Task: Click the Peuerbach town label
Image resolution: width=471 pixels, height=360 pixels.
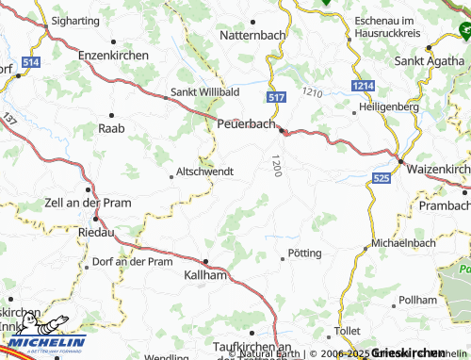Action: (246, 123)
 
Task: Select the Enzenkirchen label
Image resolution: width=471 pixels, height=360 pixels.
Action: (114, 57)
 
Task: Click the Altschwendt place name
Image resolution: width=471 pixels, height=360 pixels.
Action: (203, 173)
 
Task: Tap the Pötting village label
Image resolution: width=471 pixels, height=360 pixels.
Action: (305, 254)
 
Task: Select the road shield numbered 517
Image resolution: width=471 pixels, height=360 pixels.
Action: (276, 99)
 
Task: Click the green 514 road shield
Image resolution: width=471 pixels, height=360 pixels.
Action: (31, 62)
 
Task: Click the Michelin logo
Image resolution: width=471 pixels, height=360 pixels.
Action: (44, 338)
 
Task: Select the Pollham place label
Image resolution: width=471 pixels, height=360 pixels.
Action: (417, 299)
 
